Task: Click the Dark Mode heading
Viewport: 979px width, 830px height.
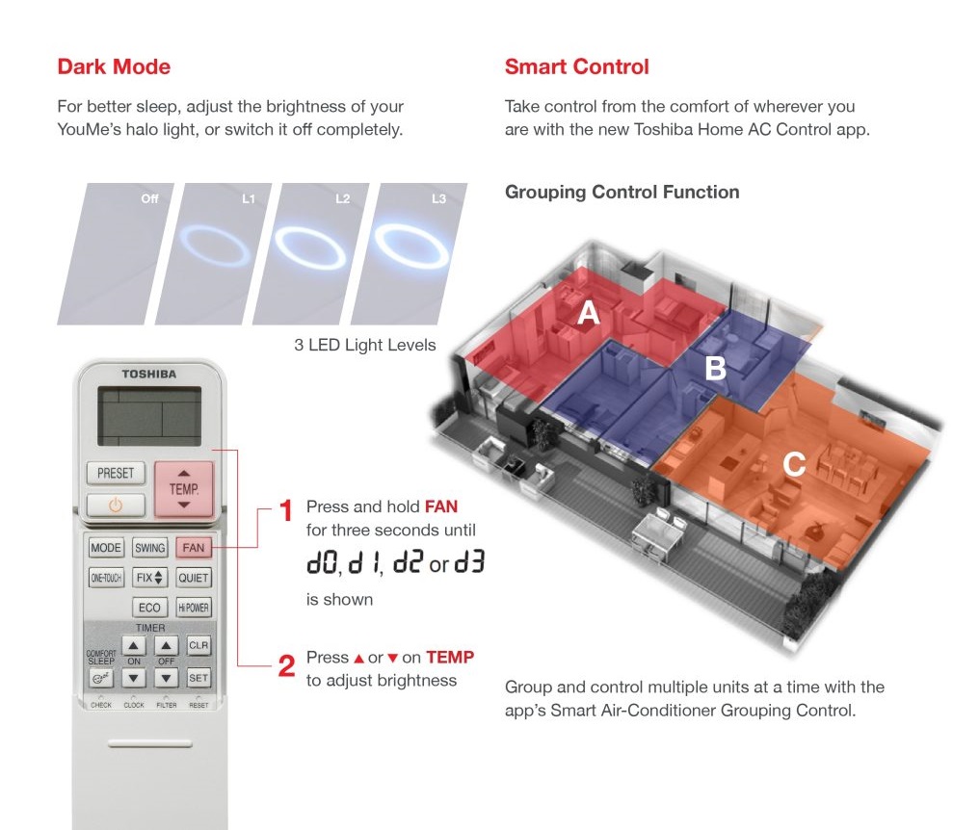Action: [114, 66]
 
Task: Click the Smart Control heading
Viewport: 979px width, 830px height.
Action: [577, 66]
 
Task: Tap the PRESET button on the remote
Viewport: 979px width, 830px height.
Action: [116, 473]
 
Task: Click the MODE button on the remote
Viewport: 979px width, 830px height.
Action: [106, 548]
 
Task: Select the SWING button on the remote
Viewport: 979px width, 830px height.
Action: [150, 548]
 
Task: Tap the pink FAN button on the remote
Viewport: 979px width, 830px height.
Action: [194, 548]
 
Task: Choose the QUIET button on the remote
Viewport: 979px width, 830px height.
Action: [194, 578]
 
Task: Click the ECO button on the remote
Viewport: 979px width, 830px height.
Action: [150, 608]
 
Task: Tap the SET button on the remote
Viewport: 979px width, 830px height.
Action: [198, 678]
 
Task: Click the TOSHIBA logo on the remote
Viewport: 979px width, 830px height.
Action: [149, 375]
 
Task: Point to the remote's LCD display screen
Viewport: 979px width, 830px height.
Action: [149, 416]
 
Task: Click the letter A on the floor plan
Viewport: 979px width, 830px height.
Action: [588, 313]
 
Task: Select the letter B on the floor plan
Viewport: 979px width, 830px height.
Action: [716, 368]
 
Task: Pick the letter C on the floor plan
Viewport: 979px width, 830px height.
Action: [794, 464]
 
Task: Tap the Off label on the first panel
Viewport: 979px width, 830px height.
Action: [150, 199]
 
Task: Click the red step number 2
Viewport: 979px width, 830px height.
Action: [286, 666]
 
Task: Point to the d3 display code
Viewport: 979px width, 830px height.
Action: [469, 562]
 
